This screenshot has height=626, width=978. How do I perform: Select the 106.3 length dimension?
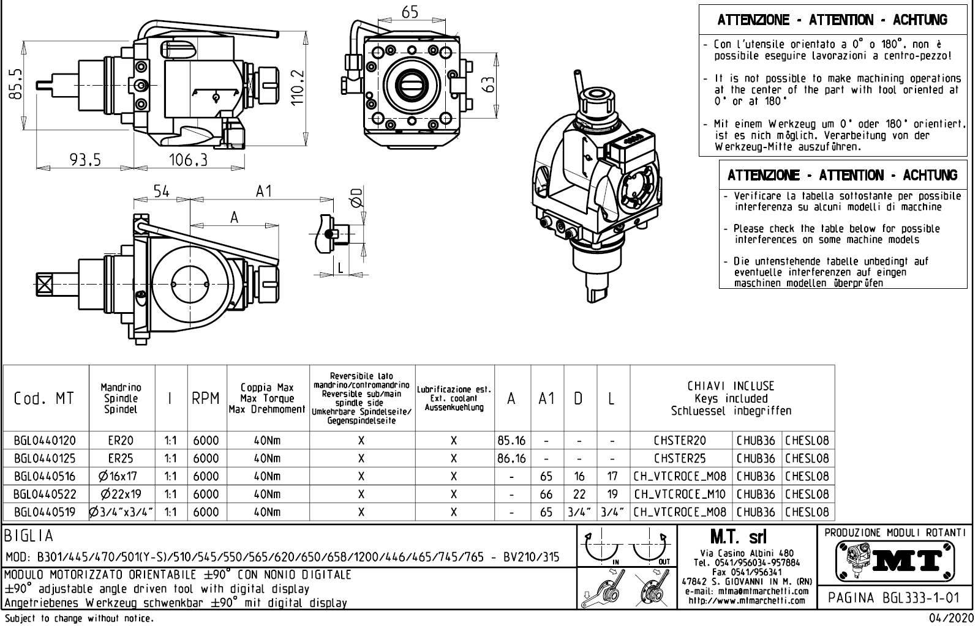[188, 160]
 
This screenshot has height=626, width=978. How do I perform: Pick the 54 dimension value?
[161, 192]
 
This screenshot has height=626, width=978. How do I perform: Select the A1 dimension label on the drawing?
[263, 192]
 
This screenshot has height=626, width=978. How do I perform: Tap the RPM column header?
[206, 398]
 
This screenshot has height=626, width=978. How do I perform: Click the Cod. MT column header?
[43, 398]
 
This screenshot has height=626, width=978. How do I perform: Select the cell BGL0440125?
[45, 458]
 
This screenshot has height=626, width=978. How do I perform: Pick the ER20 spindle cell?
[121, 441]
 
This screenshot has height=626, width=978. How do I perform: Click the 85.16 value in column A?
[512, 441]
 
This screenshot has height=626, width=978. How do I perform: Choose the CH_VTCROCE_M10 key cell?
[680, 494]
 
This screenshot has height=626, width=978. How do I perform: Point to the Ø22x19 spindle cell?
[121, 494]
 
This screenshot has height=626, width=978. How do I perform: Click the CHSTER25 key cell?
[680, 458]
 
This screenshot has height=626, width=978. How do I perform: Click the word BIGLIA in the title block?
[29, 537]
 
